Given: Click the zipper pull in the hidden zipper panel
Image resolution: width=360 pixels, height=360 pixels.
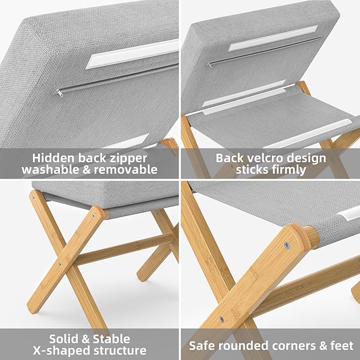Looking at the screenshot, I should (56, 91).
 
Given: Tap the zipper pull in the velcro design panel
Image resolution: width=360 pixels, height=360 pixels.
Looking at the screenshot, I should (210, 64).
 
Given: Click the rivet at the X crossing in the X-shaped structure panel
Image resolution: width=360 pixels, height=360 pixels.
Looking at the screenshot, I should (60, 264).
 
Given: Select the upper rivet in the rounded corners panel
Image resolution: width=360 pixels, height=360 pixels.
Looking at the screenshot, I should (287, 245).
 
